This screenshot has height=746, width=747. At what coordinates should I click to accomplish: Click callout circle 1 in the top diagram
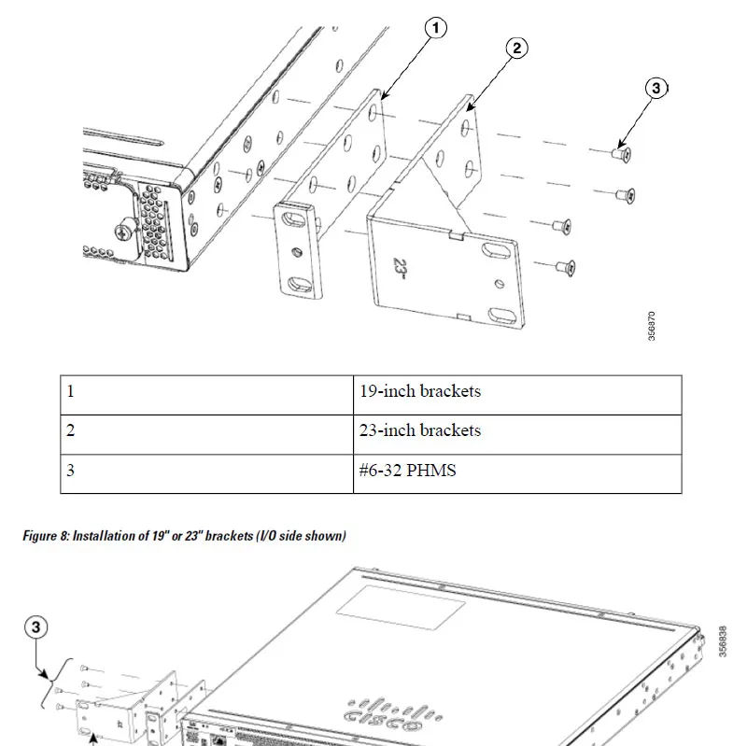click(434, 29)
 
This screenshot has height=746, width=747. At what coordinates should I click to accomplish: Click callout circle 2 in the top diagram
click(518, 49)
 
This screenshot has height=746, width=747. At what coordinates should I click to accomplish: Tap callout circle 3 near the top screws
click(656, 88)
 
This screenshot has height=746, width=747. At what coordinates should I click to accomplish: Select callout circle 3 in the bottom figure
click(38, 627)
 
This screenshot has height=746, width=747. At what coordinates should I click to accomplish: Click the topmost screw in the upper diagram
click(621, 152)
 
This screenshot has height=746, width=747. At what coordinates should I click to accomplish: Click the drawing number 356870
click(652, 326)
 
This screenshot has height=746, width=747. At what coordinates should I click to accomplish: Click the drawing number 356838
click(724, 641)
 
